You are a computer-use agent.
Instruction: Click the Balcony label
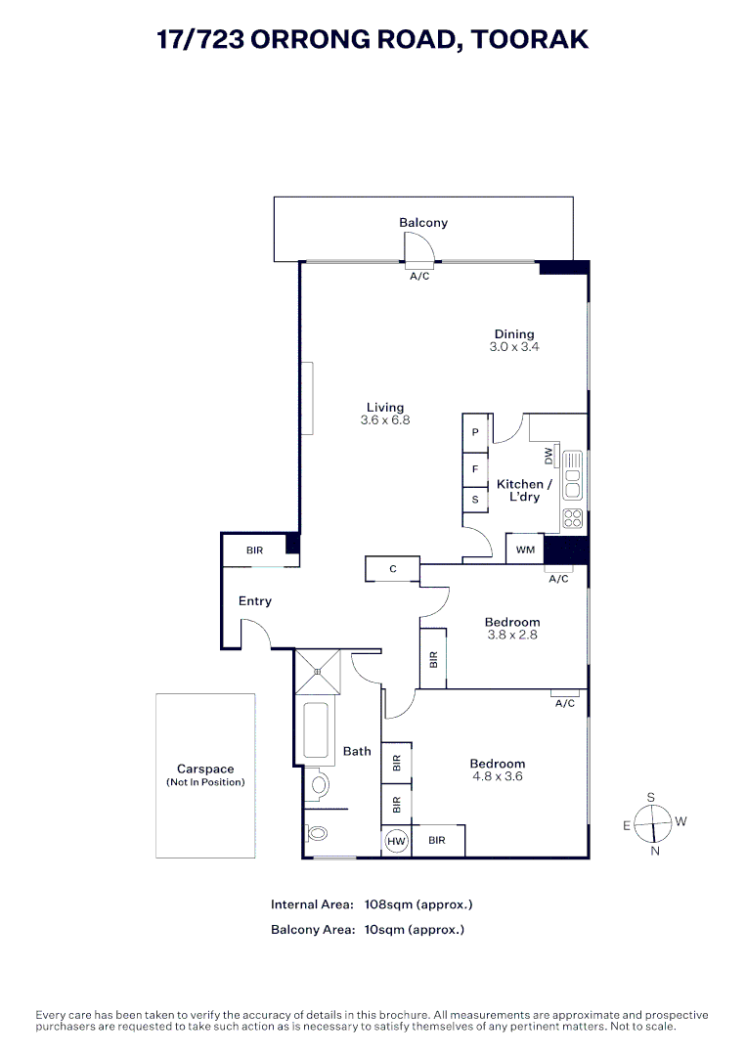coord(423,223)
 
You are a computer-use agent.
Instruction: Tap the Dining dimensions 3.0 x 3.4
coord(514,347)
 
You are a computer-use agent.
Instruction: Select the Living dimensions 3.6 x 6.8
coord(385,420)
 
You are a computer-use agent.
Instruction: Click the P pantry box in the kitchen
coord(475,432)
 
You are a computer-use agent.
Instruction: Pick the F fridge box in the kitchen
coord(475,469)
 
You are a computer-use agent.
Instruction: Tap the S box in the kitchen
coord(475,500)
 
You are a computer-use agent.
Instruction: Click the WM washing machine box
coord(525,550)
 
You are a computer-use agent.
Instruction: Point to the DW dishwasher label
coord(549,456)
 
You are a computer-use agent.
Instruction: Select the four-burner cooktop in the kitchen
coord(573,518)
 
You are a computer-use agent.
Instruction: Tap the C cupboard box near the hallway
coord(392,568)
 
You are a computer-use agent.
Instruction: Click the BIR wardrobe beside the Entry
coord(255,550)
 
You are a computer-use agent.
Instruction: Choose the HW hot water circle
coord(396,841)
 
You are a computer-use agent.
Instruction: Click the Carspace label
coord(205,770)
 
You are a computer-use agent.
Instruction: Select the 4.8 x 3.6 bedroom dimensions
coord(498,777)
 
